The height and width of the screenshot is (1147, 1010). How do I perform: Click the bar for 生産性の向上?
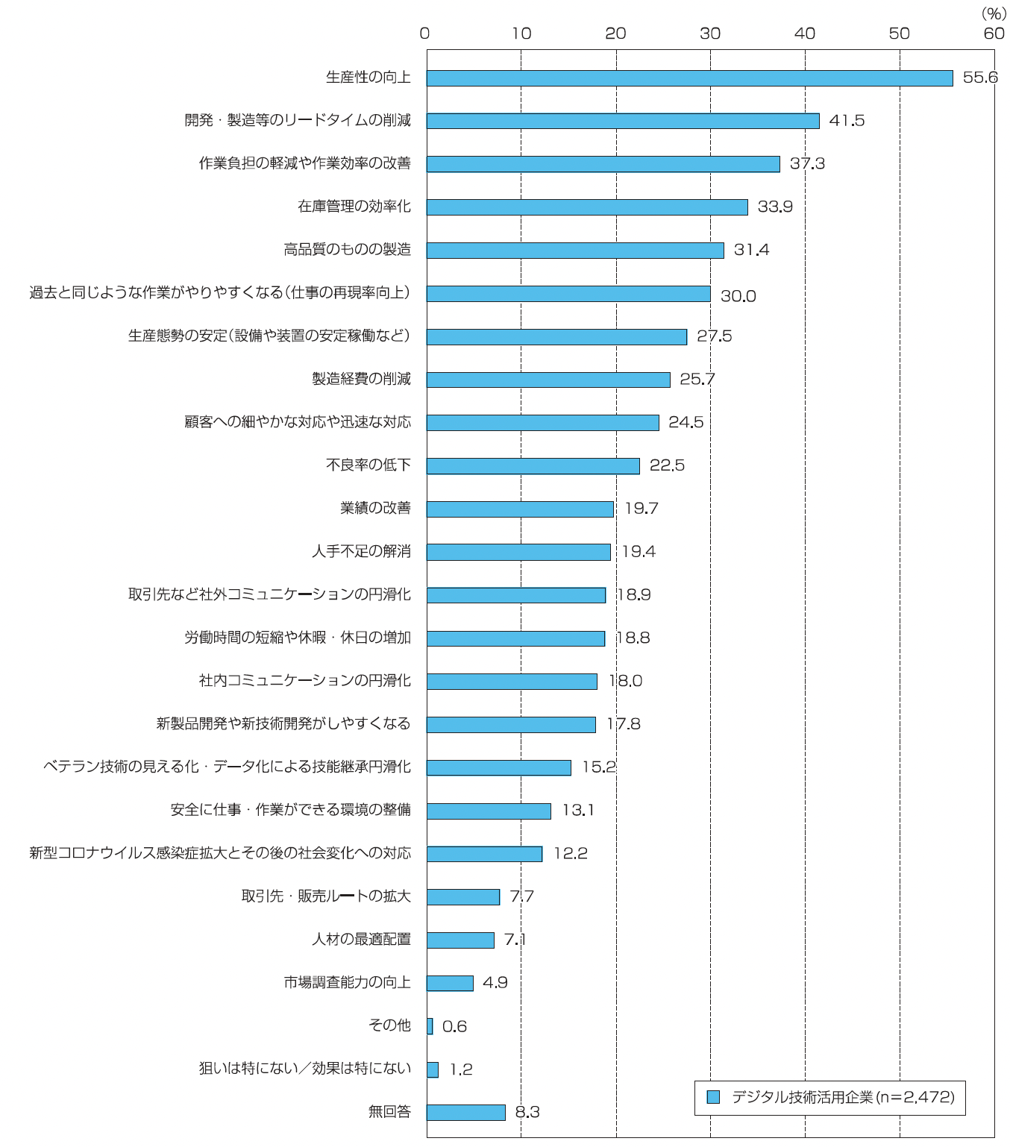689,78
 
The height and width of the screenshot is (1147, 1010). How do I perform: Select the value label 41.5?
847,121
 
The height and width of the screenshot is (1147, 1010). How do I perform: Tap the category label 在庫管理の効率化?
354,207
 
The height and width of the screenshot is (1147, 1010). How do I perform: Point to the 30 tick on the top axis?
710,34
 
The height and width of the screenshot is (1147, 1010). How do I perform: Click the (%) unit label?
994,13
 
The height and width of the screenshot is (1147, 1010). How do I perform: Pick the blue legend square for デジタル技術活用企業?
713,1097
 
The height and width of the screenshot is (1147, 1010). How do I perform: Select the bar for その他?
430,1026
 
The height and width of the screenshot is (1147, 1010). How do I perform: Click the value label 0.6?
454,1027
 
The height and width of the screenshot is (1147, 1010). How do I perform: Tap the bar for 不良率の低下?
533,466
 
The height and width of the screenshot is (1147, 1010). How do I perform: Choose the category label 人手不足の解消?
361,552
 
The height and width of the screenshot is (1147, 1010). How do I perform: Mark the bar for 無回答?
465,1113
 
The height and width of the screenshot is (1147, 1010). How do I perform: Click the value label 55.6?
979,78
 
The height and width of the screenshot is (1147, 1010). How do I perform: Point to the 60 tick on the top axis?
994,34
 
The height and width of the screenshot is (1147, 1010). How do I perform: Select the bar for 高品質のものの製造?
574,251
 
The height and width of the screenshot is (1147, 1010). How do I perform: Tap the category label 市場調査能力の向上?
347,983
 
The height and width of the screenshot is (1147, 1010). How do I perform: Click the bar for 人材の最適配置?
460,940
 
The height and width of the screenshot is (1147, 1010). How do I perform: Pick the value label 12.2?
570,854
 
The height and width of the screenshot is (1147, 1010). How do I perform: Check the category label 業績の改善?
375,509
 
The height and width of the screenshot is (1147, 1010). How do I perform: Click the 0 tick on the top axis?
425,34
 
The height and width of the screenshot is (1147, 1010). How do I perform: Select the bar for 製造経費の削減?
548,380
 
